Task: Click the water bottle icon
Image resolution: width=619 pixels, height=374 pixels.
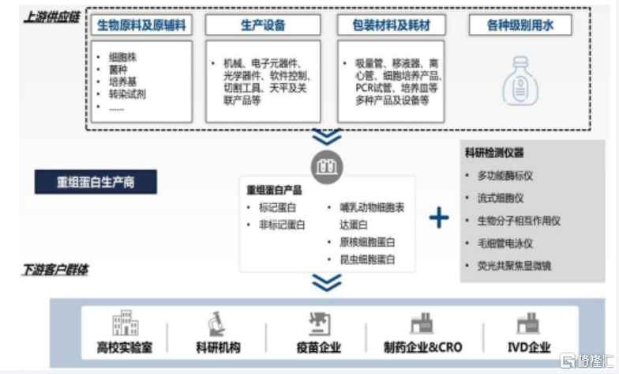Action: tap(520, 80)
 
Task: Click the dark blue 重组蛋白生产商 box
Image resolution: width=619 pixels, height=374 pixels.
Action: tap(96, 182)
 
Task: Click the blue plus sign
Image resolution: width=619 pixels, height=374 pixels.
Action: tap(439, 217)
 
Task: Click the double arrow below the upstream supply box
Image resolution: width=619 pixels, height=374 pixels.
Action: tap(327, 136)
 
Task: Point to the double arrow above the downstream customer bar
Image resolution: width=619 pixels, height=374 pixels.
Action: tap(327, 281)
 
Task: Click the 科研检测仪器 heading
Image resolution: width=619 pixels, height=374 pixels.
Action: tap(495, 153)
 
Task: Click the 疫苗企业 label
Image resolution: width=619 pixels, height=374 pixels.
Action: tap(319, 347)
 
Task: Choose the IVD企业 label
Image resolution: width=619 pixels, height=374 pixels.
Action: tap(528, 347)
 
